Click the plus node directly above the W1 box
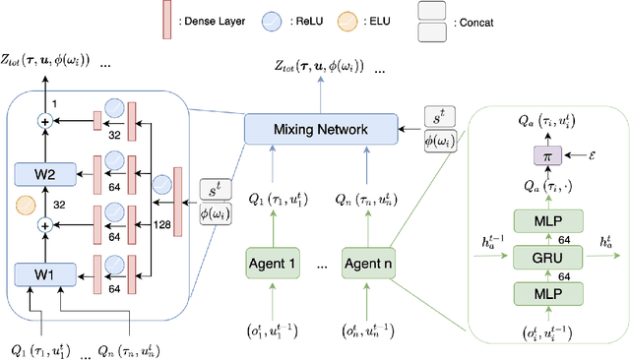click(42, 225)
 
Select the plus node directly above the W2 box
click(42, 122)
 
